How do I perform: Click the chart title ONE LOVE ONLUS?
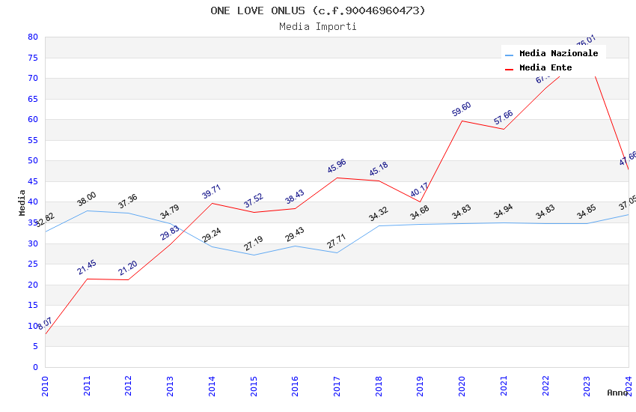click(317, 10)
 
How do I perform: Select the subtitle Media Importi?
click(317, 26)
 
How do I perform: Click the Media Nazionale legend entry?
click(558, 54)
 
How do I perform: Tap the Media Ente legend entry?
click(545, 68)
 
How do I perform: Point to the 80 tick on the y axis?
click(32, 37)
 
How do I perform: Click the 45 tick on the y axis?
click(32, 181)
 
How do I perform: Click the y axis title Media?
click(22, 202)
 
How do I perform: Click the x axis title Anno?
click(617, 393)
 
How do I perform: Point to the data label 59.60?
click(462, 109)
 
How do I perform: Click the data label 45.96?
click(337, 166)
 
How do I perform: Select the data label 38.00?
click(87, 199)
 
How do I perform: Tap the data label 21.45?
click(87, 267)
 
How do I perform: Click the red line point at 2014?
click(212, 203)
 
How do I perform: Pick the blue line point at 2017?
click(337, 252)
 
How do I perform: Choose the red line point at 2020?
click(462, 121)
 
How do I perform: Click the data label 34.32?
click(379, 215)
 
